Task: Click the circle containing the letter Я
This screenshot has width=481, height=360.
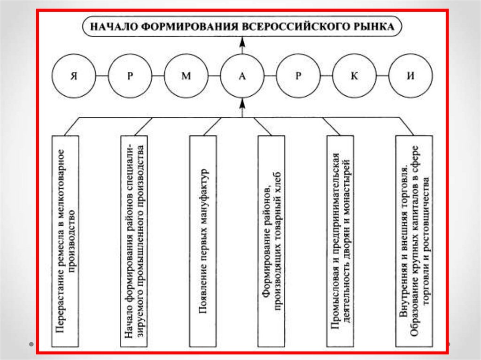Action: click(x=73, y=76)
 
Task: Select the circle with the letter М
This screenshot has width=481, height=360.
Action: click(x=186, y=76)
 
